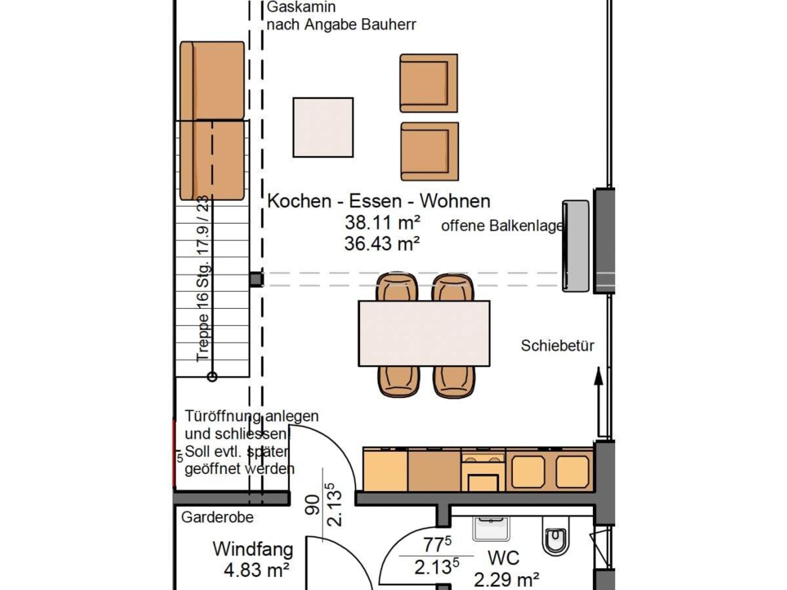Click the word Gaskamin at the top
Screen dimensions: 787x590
tap(301, 7)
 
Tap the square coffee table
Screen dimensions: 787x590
tap(323, 127)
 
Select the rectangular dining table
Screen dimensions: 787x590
tap(424, 334)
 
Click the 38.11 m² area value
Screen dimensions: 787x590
tap(382, 222)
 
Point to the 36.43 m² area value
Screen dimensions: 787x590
tap(382, 243)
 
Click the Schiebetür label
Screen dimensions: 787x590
tap(557, 345)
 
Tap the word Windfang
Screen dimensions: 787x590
tap(253, 549)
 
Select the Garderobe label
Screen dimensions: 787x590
tap(217, 517)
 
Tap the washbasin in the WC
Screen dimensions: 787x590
tap(491, 529)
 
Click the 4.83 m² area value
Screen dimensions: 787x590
tap(257, 570)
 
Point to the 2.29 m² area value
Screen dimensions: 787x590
tap(506, 580)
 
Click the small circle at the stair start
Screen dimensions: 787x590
tap(212, 377)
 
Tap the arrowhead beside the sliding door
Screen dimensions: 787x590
tap(598, 376)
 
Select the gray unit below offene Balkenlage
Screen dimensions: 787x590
tap(575, 246)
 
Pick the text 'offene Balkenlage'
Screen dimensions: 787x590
tap(502, 226)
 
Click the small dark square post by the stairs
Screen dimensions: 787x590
tap(257, 279)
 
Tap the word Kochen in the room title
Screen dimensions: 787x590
tap(299, 201)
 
